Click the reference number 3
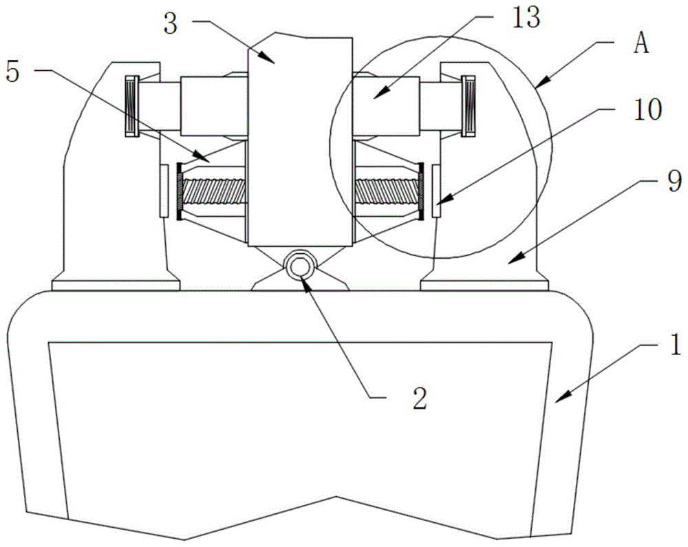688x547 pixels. coord(170,24)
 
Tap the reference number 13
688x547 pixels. coord(525,19)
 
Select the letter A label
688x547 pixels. coord(641,44)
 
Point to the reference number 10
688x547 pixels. coord(647,109)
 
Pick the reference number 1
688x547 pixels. coord(676,344)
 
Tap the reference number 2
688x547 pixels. coord(420,398)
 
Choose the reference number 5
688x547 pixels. coord(12,72)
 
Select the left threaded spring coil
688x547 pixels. coord(214,191)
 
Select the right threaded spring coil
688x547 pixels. coord(387,191)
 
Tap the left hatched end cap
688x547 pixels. coord(132,106)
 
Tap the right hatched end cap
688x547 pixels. coord(468,106)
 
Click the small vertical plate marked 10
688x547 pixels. coord(437,191)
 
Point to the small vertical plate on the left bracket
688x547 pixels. coord(164,191)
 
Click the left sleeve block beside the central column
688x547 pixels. coord(215,106)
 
